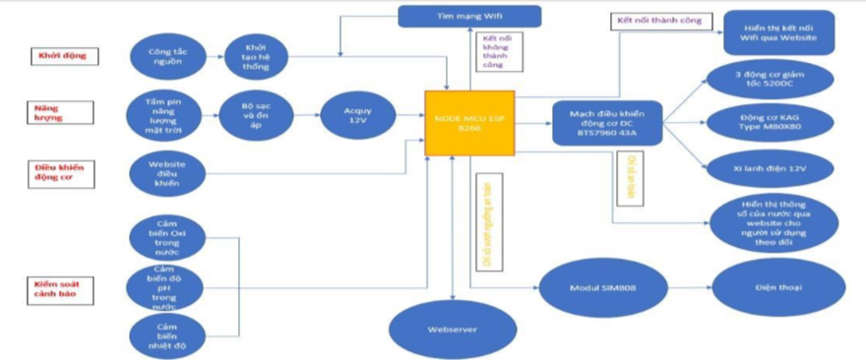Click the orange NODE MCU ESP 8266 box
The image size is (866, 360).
(469, 122)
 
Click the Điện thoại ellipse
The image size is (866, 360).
(765, 288)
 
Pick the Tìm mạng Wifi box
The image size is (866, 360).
(469, 16)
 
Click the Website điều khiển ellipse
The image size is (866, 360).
(167, 173)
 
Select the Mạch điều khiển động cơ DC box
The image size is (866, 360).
(606, 123)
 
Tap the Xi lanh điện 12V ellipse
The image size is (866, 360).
(770, 168)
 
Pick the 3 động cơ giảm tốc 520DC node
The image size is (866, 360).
(770, 79)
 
